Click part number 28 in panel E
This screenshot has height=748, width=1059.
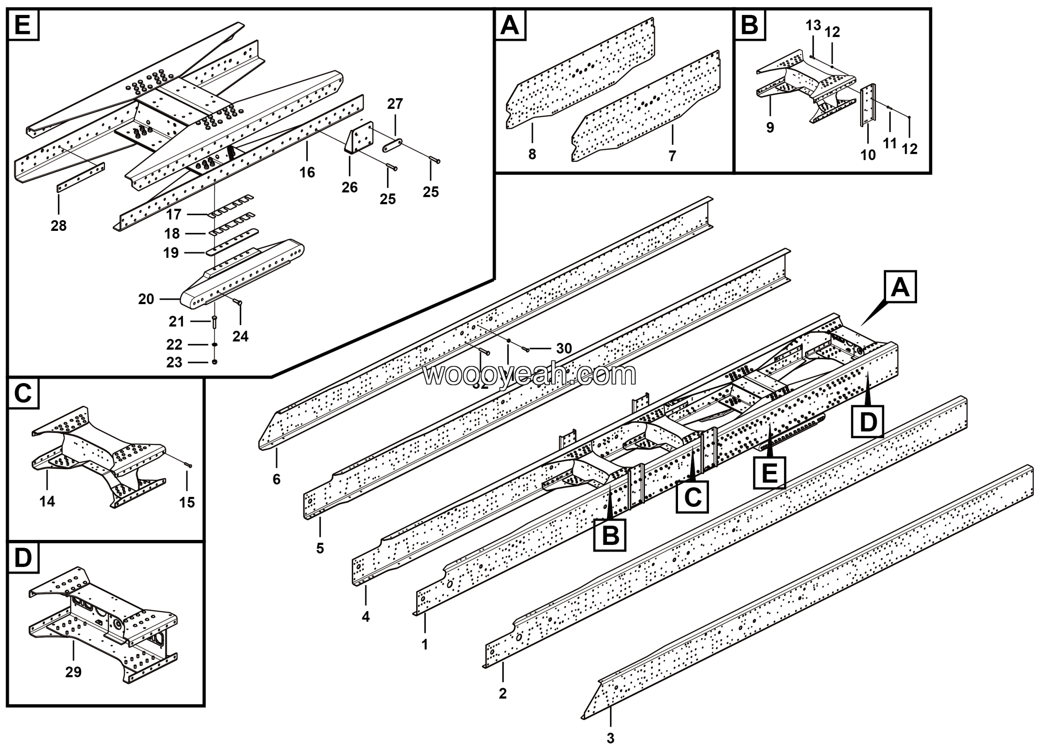point(59,225)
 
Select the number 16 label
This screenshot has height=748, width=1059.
point(307,173)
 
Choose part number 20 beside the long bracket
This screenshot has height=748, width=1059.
point(146,299)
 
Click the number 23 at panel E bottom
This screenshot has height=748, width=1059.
point(174,362)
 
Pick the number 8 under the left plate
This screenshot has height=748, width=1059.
point(532,154)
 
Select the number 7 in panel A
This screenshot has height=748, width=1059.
point(673,156)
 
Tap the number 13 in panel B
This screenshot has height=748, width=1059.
point(813,25)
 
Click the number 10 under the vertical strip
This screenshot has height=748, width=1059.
point(868,155)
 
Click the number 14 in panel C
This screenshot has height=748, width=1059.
point(47,501)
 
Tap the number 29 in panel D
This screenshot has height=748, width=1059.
point(73,672)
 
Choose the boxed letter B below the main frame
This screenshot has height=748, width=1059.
point(610,535)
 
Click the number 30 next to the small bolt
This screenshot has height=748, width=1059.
point(564,349)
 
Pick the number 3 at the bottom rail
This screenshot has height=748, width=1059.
point(610,738)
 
